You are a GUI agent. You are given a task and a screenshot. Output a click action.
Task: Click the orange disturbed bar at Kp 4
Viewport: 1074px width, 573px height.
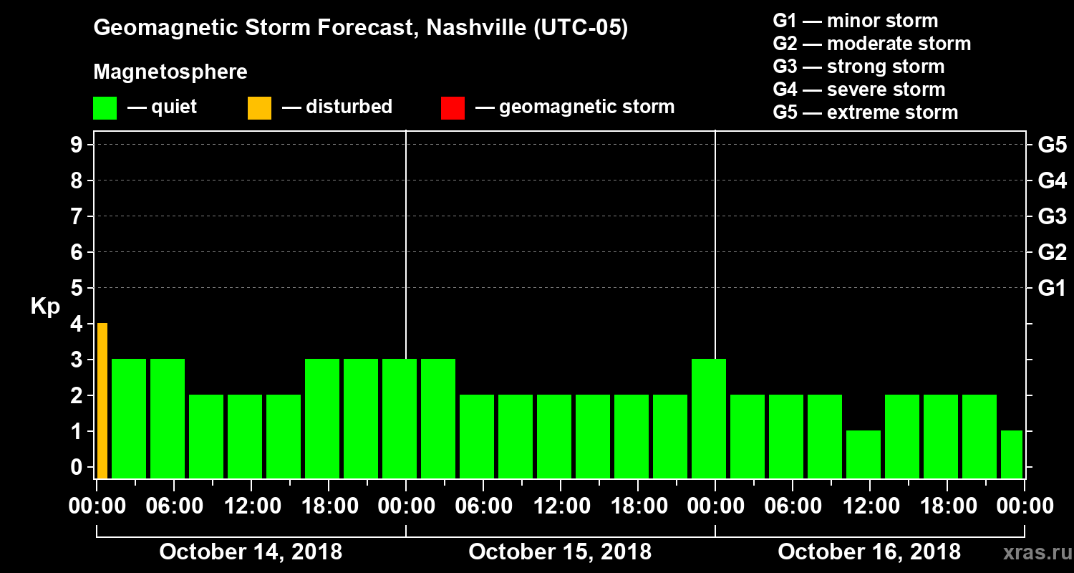click(102, 400)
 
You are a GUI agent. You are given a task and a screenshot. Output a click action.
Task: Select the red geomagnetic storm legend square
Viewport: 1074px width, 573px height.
click(453, 108)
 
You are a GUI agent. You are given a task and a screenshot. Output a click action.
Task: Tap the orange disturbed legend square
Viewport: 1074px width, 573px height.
click(259, 108)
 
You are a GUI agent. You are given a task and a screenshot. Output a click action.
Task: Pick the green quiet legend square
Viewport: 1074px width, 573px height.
click(105, 108)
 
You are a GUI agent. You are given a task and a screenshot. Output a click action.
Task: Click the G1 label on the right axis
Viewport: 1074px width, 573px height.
click(1052, 289)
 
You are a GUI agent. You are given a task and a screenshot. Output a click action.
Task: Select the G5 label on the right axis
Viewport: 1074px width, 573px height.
click(1052, 145)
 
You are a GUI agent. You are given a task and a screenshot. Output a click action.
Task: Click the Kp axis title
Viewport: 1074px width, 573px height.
click(45, 307)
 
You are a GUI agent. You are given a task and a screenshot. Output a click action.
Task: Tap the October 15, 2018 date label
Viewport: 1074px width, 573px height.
click(560, 552)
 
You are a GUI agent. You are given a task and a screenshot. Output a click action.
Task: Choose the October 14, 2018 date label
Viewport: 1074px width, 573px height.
click(251, 552)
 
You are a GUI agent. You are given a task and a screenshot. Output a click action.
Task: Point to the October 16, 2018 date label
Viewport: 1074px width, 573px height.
click(869, 552)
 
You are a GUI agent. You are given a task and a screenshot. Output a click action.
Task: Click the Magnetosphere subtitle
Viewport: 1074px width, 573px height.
click(170, 72)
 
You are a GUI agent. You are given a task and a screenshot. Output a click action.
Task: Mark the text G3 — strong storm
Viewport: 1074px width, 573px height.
click(858, 67)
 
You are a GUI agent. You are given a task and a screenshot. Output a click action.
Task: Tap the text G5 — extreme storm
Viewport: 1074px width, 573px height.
click(865, 112)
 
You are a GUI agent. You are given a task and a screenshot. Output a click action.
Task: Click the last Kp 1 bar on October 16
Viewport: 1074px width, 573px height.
click(1012, 454)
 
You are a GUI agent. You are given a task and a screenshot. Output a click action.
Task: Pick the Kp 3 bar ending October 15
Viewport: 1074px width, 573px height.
click(709, 418)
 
